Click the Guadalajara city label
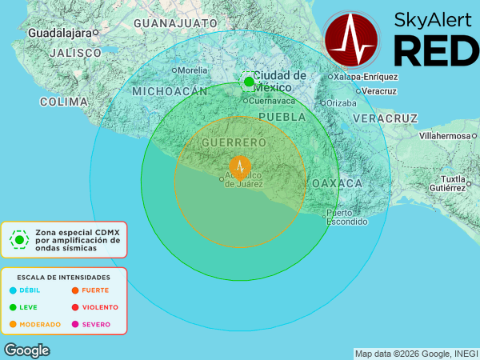(x=59, y=33)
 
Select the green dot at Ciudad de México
(x=249, y=82)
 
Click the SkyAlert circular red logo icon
(x=353, y=38)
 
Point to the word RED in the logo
(x=436, y=51)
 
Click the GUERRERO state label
(x=234, y=142)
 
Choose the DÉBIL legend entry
(x=29, y=290)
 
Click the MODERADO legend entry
(x=39, y=324)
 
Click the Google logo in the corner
(x=26, y=350)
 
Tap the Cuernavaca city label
(x=272, y=101)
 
